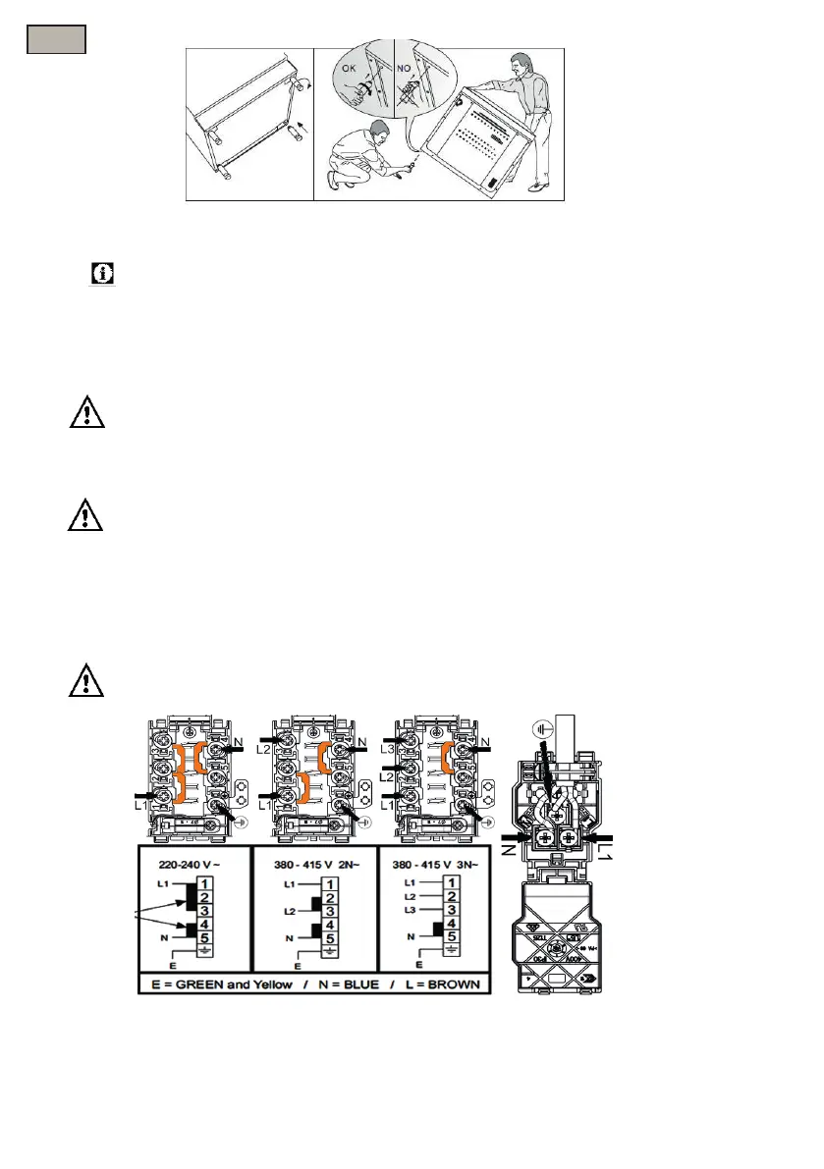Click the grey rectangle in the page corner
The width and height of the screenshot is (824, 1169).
point(55,38)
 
